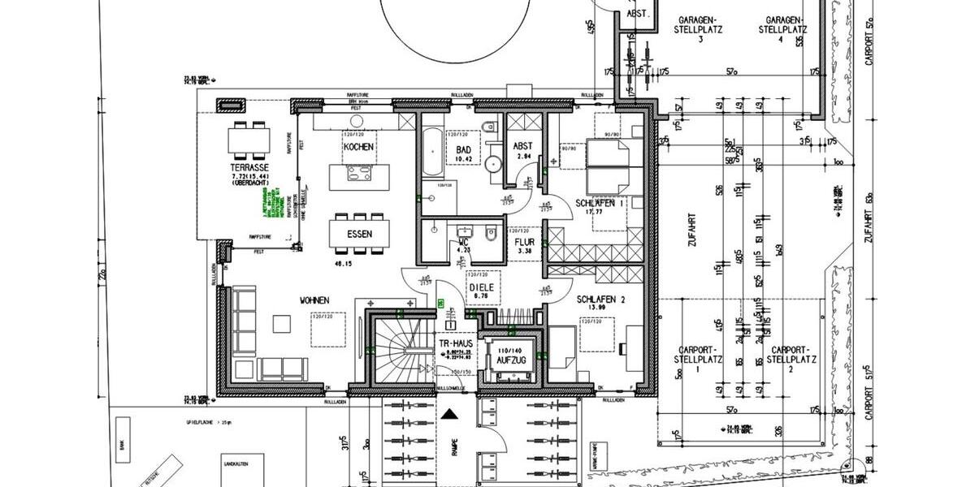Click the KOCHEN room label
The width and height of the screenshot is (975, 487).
coord(358,147)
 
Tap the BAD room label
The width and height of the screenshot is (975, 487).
coord(464,150)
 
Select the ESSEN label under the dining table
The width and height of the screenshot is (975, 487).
coord(359,234)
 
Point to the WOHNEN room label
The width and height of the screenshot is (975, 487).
coord(315,301)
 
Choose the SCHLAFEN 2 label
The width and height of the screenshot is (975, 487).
coord(601,299)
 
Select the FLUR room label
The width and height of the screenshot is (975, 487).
coord(522,241)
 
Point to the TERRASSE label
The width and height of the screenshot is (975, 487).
coord(249,168)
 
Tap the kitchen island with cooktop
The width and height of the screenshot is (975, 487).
coord(357,173)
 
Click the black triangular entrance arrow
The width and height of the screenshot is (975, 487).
coord(451,414)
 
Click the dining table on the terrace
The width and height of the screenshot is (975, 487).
coord(249,140)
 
